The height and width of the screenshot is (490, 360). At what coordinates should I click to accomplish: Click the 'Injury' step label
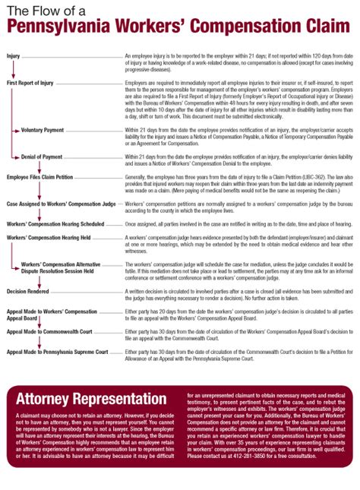pos(14,56)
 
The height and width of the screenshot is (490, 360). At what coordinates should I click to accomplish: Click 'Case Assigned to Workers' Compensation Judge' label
pos(62,204)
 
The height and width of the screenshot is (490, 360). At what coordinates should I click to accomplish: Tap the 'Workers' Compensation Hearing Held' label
pos(49,238)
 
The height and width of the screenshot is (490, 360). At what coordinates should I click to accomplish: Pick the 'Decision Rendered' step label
pos(27,291)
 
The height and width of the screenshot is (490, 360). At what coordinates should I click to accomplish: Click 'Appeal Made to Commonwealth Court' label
pos(50,331)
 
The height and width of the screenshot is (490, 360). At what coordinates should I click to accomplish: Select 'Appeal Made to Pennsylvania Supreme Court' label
pos(58,352)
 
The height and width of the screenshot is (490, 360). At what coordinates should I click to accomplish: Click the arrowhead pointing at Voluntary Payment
pos(17,130)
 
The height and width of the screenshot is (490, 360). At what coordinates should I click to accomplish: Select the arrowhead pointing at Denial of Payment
pos(17,156)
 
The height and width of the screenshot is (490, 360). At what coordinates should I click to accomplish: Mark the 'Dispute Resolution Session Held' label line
pos(58,270)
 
